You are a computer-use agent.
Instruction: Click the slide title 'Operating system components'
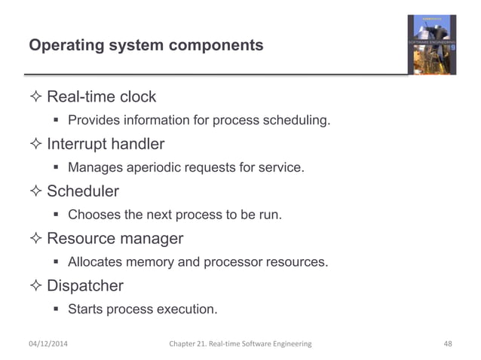pyautogui.click(x=146, y=45)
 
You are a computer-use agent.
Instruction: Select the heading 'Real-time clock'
pyautogui.click(x=102, y=96)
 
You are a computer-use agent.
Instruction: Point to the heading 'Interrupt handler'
pyautogui.click(x=106, y=143)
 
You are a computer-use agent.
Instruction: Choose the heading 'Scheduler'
pyautogui.click(x=83, y=191)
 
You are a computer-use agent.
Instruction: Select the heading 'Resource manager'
pyautogui.click(x=115, y=239)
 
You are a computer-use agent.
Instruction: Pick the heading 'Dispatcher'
pyautogui.click(x=85, y=286)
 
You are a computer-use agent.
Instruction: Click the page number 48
pyautogui.click(x=448, y=344)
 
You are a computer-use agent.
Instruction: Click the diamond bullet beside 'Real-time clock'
pyautogui.click(x=35, y=97)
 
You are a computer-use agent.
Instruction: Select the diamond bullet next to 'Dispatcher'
pyautogui.click(x=35, y=287)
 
